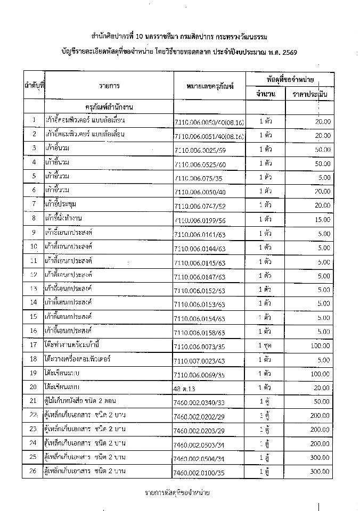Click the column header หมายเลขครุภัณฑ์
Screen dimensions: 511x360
[x=211, y=86]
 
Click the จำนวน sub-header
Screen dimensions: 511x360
[x=265, y=94]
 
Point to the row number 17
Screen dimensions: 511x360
[x=34, y=344]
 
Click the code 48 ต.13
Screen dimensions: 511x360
[x=186, y=389]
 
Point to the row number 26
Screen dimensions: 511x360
[x=34, y=472]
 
